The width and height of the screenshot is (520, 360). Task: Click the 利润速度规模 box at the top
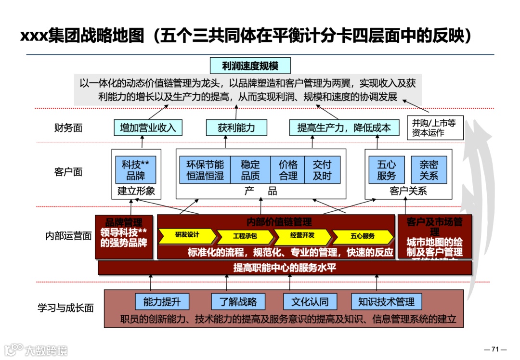pyautogui.click(x=250, y=65)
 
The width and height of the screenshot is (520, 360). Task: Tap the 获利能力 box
pyautogui.click(x=236, y=128)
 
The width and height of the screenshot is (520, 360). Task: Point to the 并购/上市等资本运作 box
pyautogui.click(x=435, y=128)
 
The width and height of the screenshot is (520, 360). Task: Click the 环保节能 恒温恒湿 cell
pyautogui.click(x=205, y=169)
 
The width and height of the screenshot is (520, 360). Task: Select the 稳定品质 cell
pyautogui.click(x=250, y=169)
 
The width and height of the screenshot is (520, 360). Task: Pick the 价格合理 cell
pyautogui.click(x=288, y=169)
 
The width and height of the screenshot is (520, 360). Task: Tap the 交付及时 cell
pyautogui.click(x=322, y=169)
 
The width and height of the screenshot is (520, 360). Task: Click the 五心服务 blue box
pyautogui.click(x=386, y=169)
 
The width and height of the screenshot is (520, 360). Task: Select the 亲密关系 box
pyautogui.click(x=429, y=169)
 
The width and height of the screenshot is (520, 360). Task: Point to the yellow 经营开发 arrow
pyautogui.click(x=302, y=236)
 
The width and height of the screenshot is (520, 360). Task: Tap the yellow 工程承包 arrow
pyautogui.click(x=245, y=236)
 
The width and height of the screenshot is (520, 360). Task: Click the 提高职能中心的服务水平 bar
pyautogui.click(x=285, y=268)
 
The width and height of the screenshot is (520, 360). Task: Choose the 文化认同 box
pyautogui.click(x=310, y=302)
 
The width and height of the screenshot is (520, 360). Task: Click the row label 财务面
pyautogui.click(x=68, y=128)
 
